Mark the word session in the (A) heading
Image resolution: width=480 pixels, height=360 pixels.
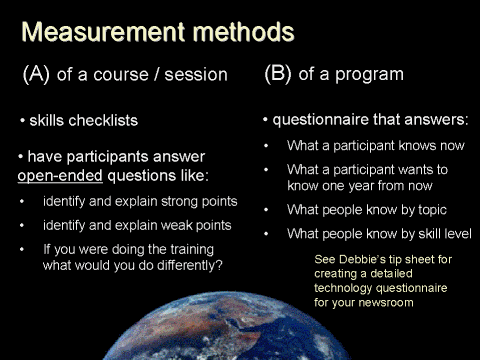coord(196,73)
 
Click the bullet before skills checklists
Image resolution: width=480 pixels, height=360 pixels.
coord(22,121)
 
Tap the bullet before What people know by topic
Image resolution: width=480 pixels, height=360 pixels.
coord(266,210)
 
